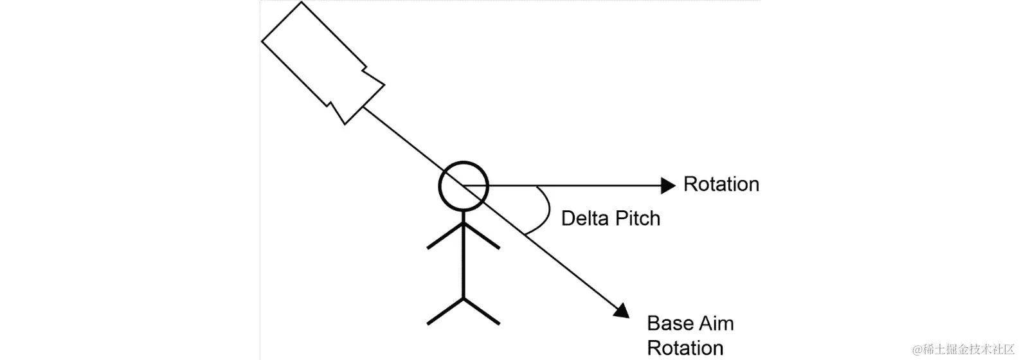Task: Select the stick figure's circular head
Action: click(x=464, y=186)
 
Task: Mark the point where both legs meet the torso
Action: click(x=463, y=298)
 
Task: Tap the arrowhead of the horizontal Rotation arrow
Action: click(x=669, y=185)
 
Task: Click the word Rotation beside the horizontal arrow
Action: click(x=721, y=184)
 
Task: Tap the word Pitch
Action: click(x=636, y=219)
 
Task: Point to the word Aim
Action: click(x=717, y=323)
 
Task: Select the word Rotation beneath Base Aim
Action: click(x=685, y=348)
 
